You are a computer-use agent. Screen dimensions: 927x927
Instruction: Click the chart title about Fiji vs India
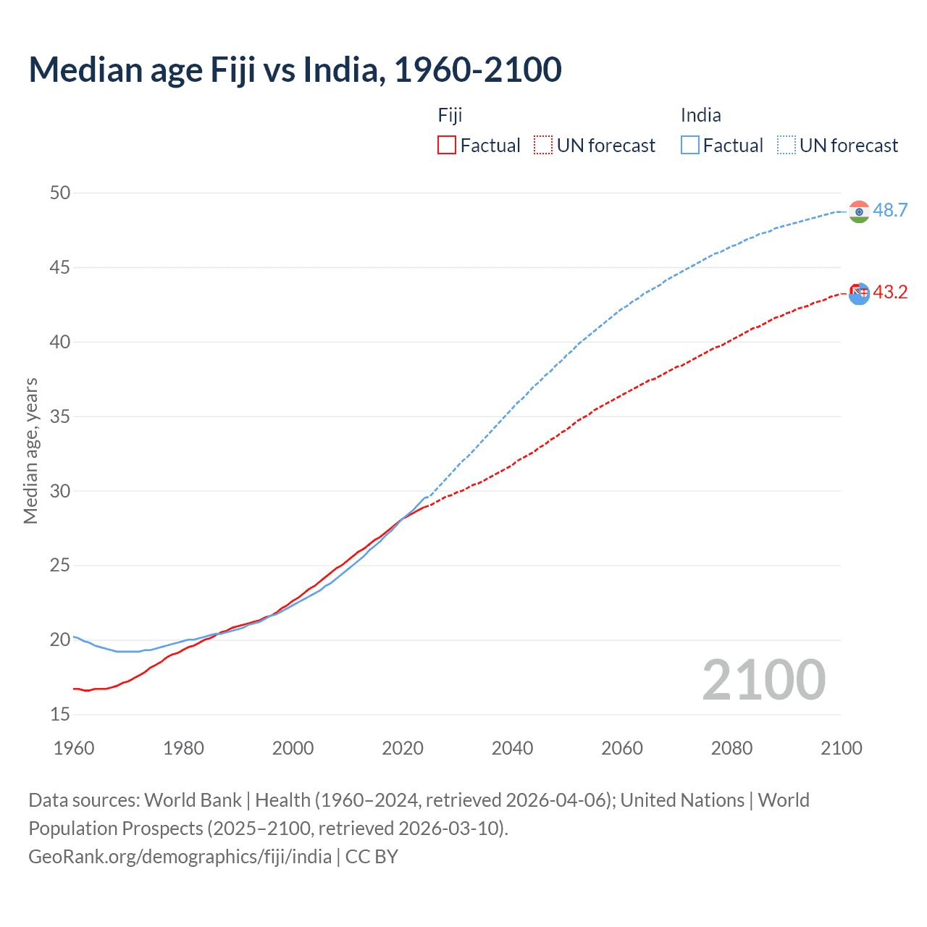(295, 70)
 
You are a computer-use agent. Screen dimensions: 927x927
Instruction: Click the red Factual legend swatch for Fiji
(447, 146)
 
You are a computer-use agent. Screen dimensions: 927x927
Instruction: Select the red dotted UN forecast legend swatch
(543, 146)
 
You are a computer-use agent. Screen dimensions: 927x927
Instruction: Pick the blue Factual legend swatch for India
(690, 146)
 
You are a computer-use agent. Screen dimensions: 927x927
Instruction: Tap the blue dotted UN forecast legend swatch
(787, 146)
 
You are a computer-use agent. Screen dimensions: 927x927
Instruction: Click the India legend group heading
(700, 115)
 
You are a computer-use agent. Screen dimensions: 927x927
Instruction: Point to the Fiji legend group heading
(450, 115)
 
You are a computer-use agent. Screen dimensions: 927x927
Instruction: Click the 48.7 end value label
(890, 211)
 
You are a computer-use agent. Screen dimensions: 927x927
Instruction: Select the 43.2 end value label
(890, 293)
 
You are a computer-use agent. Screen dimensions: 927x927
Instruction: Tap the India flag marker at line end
(859, 211)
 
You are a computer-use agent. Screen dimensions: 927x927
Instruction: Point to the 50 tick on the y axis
(60, 193)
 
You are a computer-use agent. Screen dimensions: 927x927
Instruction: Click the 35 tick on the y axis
(60, 416)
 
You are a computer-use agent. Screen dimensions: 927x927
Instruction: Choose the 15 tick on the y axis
(60, 715)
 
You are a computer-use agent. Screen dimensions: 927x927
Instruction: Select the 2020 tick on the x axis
(403, 748)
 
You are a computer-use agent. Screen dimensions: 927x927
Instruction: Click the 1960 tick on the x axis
(74, 748)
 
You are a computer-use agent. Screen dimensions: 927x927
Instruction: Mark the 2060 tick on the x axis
(622, 748)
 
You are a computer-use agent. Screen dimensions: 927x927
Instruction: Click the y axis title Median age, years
(30, 450)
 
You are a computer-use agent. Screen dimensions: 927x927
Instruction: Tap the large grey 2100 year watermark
(764, 679)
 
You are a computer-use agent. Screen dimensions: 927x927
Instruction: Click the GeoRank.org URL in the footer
(180, 857)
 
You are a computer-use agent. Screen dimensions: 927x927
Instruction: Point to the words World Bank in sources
(193, 800)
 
